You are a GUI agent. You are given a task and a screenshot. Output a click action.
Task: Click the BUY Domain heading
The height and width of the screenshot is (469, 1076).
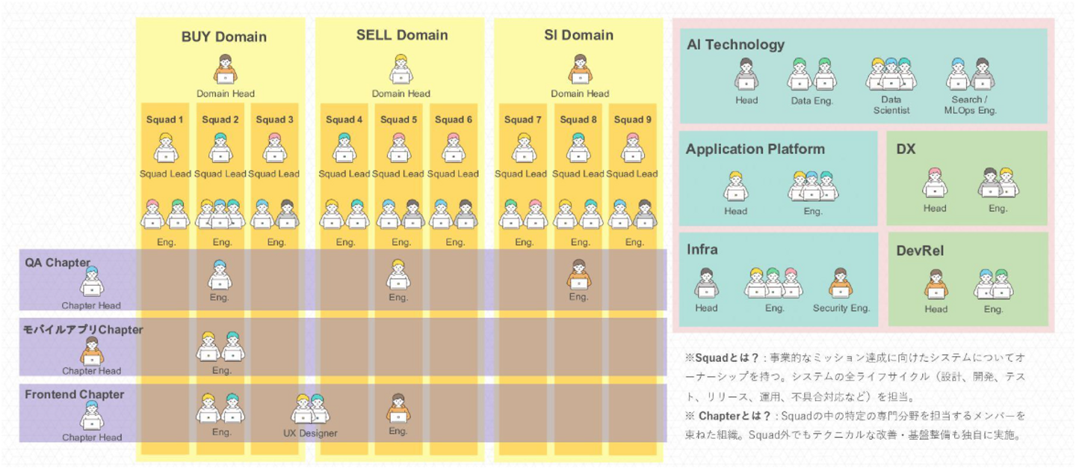tap(223, 37)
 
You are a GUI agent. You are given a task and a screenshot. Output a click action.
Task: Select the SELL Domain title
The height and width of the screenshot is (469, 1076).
tap(402, 35)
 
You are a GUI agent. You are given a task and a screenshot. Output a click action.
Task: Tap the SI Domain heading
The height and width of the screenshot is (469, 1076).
tap(579, 35)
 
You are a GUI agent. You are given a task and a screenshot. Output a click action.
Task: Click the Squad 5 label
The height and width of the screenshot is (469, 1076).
tap(398, 120)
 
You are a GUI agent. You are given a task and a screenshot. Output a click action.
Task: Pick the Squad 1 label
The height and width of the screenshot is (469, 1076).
tap(165, 120)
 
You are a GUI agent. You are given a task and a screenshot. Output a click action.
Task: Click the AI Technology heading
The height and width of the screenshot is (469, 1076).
tap(735, 45)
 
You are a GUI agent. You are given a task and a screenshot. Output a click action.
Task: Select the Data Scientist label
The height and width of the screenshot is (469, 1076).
tap(891, 105)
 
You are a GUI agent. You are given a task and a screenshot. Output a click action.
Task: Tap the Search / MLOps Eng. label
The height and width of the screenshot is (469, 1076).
tap(970, 105)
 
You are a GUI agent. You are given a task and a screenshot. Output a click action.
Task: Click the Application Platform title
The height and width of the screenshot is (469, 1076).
tap(755, 149)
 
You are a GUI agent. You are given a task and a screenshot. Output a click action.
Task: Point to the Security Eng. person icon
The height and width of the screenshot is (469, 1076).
tap(841, 283)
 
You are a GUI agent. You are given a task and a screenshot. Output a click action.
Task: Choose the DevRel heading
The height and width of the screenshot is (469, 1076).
tap(920, 251)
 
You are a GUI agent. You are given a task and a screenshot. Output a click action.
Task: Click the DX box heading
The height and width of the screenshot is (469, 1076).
tap(906, 150)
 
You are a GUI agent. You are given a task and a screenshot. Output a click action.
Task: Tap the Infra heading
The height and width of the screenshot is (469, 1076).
tap(702, 250)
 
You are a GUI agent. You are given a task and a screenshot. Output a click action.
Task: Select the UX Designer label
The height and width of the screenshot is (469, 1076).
tap(310, 433)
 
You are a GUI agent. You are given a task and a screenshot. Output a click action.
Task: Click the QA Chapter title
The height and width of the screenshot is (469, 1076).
tap(58, 263)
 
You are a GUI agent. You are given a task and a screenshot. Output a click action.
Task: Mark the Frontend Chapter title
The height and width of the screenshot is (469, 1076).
tap(74, 394)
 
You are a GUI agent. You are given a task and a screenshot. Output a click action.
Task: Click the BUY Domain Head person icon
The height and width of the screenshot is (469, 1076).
tap(225, 70)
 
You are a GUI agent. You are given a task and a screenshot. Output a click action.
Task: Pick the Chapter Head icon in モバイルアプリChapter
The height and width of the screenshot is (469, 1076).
tap(92, 351)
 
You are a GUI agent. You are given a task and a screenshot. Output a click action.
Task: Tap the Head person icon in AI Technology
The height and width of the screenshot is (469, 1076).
tap(746, 75)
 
